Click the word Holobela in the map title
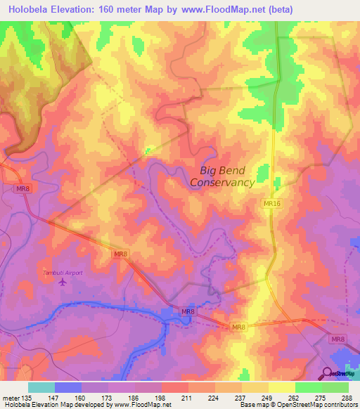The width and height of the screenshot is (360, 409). [29, 9]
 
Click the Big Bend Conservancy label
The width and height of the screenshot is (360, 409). [222, 176]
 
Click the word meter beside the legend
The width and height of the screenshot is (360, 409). [11, 398]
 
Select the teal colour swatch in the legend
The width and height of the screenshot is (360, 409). [41, 387]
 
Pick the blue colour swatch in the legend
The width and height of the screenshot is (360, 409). [68, 387]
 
